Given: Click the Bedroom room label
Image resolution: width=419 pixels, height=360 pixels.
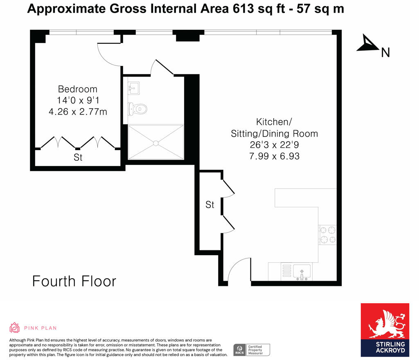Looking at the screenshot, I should click(78, 89).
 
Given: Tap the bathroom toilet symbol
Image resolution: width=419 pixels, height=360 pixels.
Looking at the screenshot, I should click(137, 109).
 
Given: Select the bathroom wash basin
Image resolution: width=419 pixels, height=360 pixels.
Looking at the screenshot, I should click(133, 88).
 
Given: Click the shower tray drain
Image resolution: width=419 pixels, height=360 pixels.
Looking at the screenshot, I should click(155, 143).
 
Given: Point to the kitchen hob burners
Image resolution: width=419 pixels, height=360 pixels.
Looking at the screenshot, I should click(327, 235).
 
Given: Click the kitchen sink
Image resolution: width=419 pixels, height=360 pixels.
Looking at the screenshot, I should click(302, 271).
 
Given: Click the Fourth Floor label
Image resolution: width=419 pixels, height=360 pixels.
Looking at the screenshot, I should click(74, 281).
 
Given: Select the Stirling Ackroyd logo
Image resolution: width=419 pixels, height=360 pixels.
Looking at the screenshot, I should click(385, 329).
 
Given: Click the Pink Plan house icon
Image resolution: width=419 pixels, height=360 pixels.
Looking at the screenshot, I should click(15, 328).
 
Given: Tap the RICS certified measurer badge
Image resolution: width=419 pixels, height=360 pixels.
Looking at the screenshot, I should click(252, 350).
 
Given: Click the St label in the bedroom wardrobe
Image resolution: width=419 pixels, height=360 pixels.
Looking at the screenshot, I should click(78, 157).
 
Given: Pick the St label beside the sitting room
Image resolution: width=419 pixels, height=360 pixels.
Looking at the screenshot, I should click(210, 205).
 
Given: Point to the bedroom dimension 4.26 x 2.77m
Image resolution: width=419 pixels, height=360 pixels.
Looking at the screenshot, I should click(78, 111).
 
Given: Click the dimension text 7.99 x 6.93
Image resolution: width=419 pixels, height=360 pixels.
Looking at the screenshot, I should click(274, 156).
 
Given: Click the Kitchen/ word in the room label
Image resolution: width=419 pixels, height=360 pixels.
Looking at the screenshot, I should click(274, 122).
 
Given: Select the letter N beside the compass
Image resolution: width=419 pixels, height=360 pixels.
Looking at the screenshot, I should click(385, 52).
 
